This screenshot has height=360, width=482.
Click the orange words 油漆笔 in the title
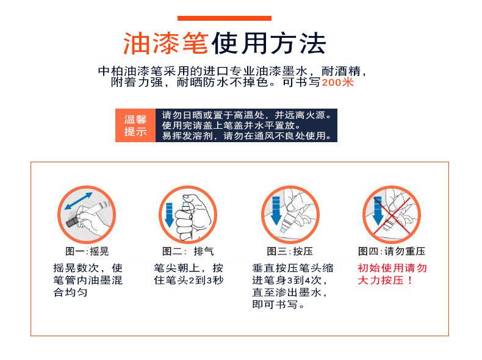pyautogui.click(x=166, y=43)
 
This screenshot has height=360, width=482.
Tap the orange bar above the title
pyautogui.click(x=224, y=18)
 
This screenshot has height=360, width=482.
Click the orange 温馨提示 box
pyautogui.click(x=135, y=124)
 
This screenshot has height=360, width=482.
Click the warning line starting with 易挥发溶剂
pyautogui.click(x=247, y=136)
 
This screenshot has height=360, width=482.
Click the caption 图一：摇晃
pyautogui.click(x=87, y=251)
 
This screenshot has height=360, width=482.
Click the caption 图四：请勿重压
pyautogui.click(x=392, y=251)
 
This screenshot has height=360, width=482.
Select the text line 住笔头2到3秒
pyautogui.click(x=189, y=280)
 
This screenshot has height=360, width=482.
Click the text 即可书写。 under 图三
pyautogui.click(x=279, y=304)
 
